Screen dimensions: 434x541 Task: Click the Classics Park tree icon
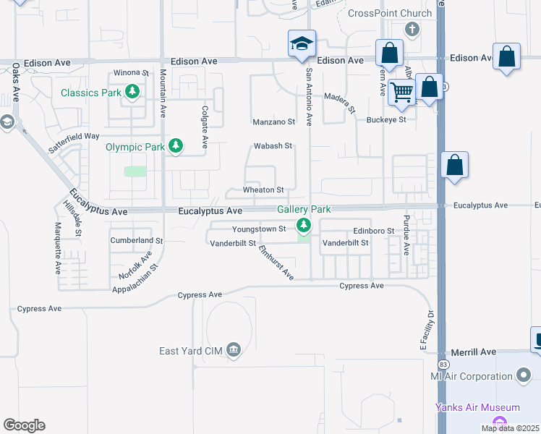[x=132, y=92]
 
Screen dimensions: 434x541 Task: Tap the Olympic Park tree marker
[x=175, y=146]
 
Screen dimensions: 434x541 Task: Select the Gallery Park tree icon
[x=304, y=226]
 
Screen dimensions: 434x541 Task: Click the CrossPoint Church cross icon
[x=412, y=30]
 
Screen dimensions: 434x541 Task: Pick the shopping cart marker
[x=401, y=92]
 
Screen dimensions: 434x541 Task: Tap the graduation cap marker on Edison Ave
[x=301, y=43]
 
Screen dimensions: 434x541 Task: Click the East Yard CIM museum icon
[x=233, y=351]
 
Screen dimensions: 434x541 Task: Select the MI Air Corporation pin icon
[x=525, y=375]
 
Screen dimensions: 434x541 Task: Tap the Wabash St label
[x=273, y=146]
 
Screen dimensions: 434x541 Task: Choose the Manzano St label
[x=274, y=122]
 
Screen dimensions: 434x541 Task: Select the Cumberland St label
[x=137, y=240]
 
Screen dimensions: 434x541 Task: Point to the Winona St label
[x=131, y=73]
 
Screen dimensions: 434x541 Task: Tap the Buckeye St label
[x=387, y=119]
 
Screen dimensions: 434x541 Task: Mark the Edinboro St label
[x=373, y=231]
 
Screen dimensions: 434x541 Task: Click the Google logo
[x=24, y=425]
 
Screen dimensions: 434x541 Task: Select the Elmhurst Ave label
[x=276, y=264]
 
